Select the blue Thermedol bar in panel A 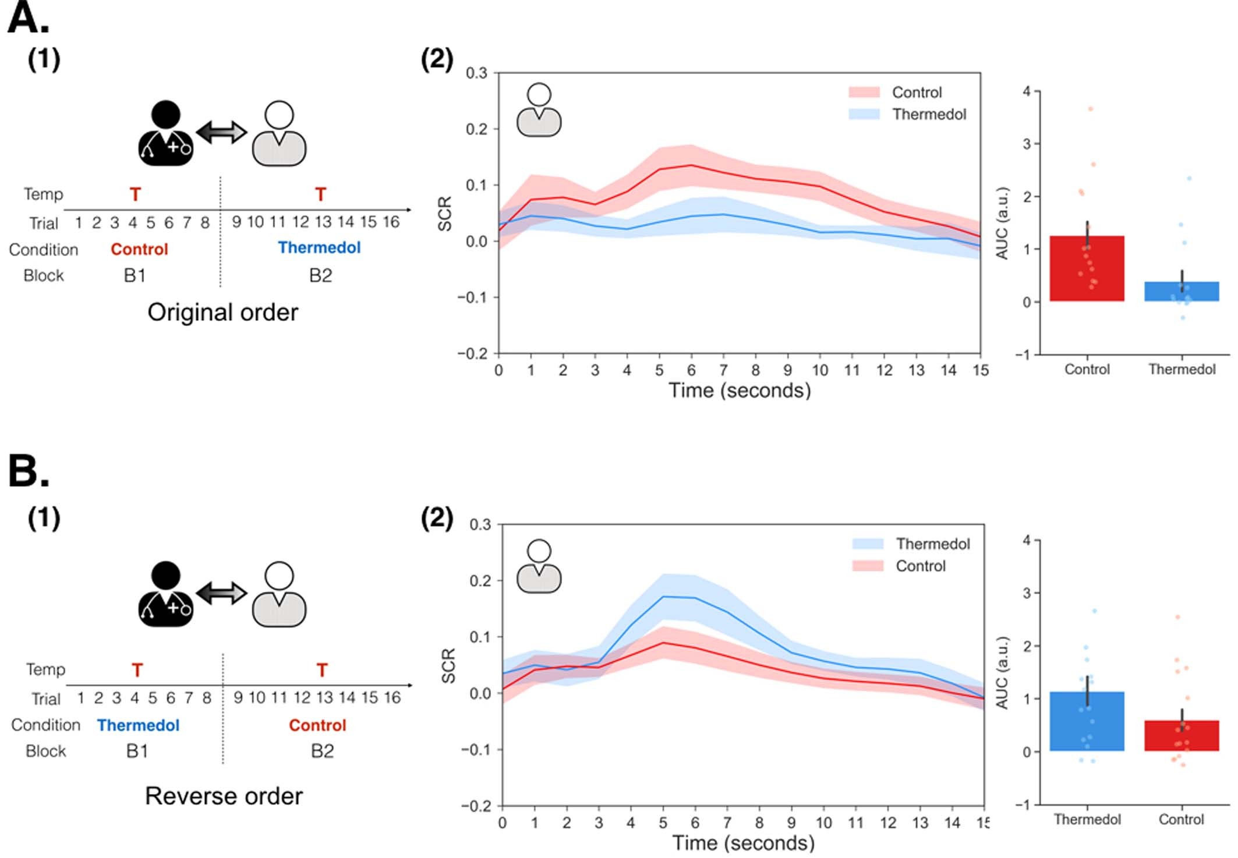tap(1181, 292)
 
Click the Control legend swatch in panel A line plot tap(864, 93)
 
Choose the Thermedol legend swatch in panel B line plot tap(868, 544)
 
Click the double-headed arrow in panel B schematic tap(222, 593)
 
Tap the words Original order tap(222, 313)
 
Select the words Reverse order tap(224, 796)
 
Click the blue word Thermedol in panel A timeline tap(319, 248)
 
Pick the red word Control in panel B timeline tap(317, 725)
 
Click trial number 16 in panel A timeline tap(391, 222)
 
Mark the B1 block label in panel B tap(137, 751)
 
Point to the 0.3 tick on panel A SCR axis tap(476, 73)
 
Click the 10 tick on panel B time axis tap(823, 822)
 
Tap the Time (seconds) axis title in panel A tap(740, 390)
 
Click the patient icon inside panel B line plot tap(539, 566)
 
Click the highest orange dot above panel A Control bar tap(1090, 109)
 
